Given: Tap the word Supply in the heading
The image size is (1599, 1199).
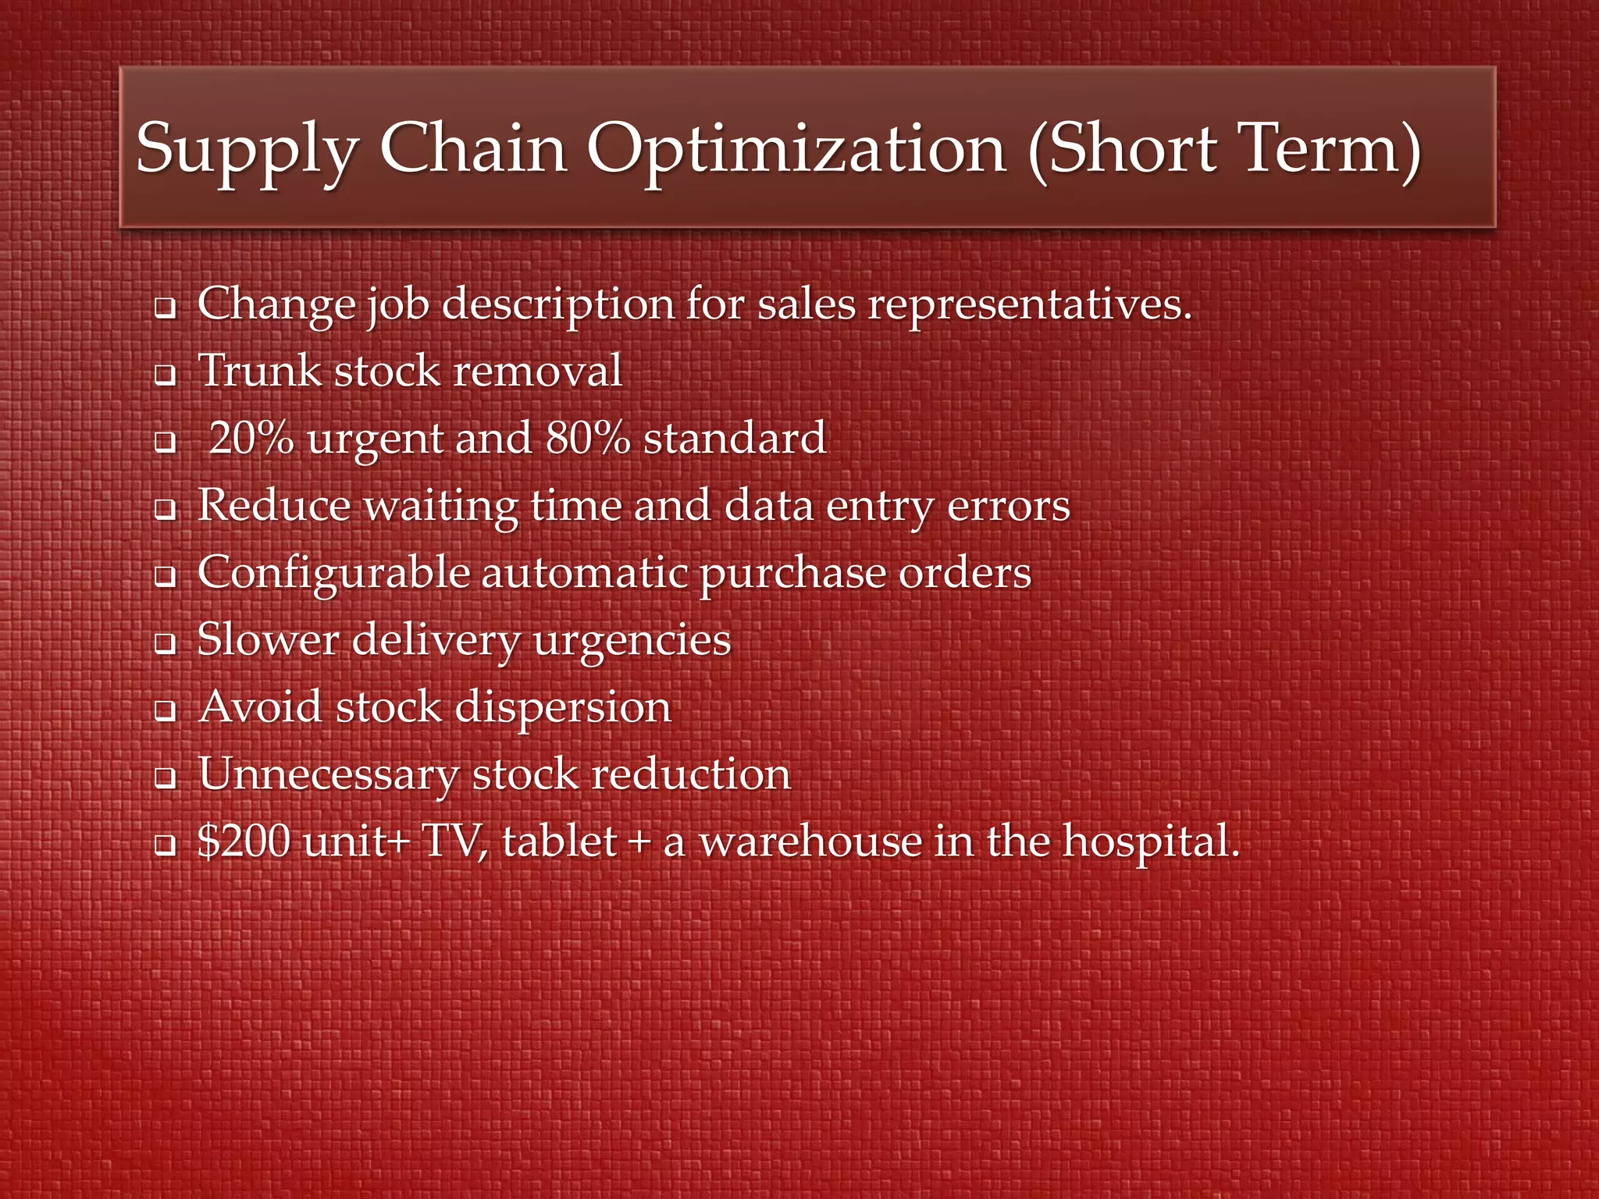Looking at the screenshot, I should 247,149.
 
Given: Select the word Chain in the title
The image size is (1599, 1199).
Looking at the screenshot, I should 473,149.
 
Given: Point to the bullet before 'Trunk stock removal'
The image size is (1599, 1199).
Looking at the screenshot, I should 165,376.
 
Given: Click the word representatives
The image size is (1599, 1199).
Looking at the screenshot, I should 1030,304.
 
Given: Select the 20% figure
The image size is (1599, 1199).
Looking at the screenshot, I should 251,438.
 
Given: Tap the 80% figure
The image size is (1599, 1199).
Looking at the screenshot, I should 588,438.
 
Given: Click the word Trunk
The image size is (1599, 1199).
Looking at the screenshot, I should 260,370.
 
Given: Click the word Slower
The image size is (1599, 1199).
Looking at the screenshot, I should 268,640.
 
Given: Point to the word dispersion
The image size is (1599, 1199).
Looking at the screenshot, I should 562,708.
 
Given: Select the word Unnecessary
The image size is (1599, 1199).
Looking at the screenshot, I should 329,774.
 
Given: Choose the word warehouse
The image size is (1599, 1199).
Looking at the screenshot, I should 810,841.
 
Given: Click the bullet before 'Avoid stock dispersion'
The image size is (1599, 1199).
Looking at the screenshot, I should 165,712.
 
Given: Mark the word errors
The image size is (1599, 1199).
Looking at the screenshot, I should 1008,506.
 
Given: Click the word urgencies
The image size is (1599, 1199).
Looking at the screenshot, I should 632,641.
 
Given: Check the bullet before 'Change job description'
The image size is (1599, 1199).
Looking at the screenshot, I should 165,308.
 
